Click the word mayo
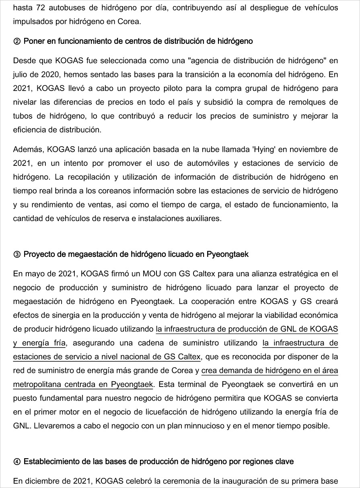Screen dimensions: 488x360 click(x=33, y=274)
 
